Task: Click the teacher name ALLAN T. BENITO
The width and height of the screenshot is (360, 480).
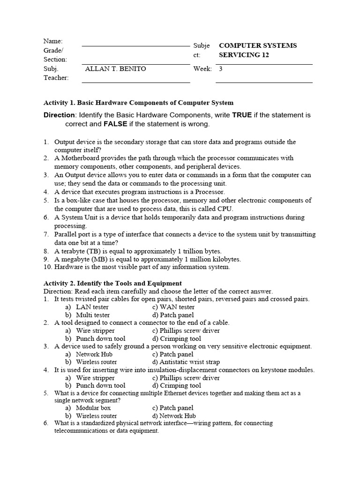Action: [x=115, y=69]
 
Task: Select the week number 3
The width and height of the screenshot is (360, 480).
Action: [x=221, y=69]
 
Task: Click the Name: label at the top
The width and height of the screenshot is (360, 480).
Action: [x=53, y=41]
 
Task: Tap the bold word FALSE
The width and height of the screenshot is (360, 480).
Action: [x=117, y=125]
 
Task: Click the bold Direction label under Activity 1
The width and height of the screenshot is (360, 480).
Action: [x=59, y=115]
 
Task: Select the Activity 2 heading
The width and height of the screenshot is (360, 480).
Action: [x=112, y=283]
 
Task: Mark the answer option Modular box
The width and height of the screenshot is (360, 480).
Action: [x=93, y=408]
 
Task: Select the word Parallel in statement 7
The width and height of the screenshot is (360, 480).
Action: [x=67, y=234]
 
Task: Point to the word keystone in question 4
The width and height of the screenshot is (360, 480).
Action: [x=276, y=370]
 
